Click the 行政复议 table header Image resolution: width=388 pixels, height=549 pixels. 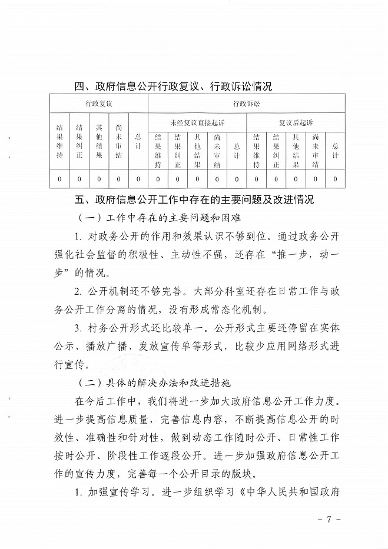pos(98,104)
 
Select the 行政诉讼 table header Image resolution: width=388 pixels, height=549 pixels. pos(246,104)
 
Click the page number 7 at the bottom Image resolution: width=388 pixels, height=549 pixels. pos(330,520)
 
